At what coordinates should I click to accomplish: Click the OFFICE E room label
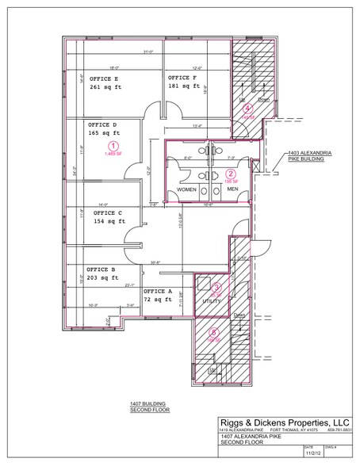[x=105, y=79]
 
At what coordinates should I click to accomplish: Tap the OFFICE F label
[x=183, y=78]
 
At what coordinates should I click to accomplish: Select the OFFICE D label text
[x=104, y=124]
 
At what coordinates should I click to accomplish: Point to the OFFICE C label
[x=108, y=213]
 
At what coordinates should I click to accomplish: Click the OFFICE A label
[x=159, y=291]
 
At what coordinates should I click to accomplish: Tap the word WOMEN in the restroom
[x=186, y=190]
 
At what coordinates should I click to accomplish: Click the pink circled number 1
[x=114, y=146]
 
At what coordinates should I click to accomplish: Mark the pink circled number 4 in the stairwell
[x=247, y=108]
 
